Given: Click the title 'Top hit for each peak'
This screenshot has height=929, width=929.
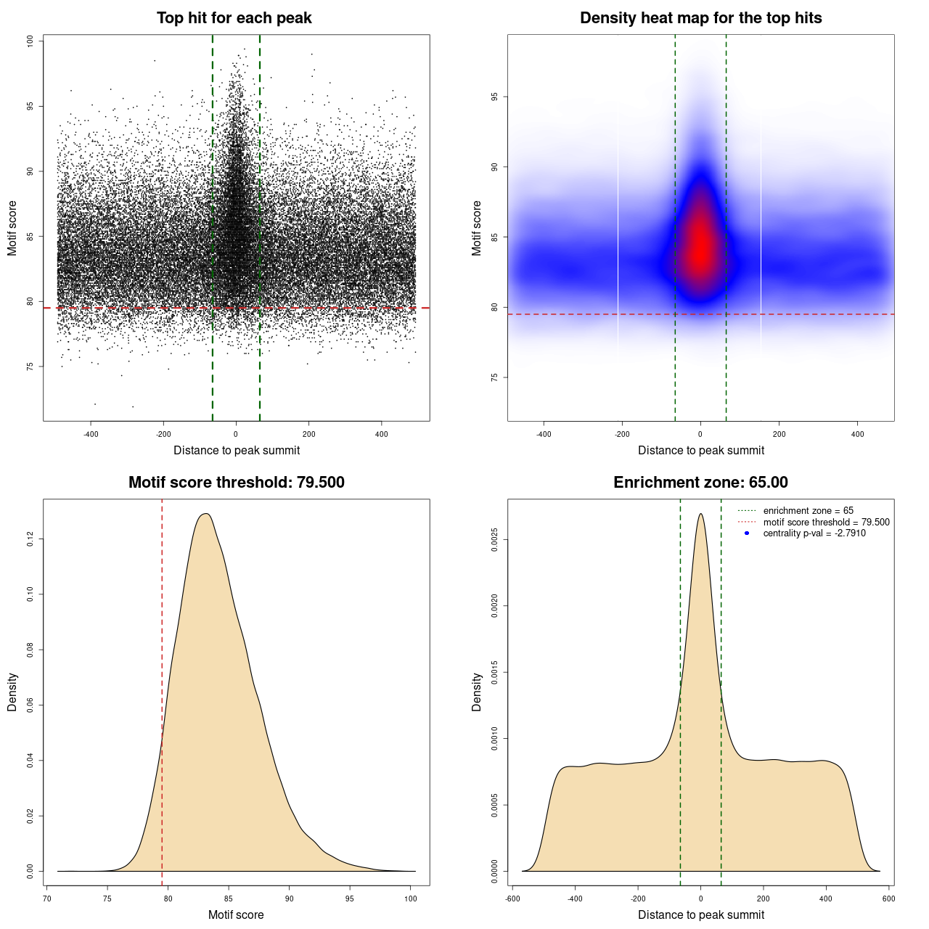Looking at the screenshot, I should coord(234,18).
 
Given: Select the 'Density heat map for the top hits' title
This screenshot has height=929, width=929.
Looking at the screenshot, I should coord(700,18).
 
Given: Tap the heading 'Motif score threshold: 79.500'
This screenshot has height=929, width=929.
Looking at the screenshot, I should coord(236,483).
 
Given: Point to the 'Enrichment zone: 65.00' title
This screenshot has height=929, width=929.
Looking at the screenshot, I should coord(700,483).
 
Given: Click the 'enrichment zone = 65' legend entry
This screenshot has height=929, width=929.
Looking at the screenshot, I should coord(808,511).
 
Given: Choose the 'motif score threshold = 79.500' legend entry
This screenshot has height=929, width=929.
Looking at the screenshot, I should coord(826,523).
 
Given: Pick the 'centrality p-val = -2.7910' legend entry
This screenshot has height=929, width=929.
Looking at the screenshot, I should coord(814,533).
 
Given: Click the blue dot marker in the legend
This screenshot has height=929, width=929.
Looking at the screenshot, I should coord(747,533).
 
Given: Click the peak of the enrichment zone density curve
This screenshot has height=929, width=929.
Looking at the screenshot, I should coord(700,515).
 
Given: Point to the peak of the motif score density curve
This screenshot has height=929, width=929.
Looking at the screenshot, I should coord(207,514).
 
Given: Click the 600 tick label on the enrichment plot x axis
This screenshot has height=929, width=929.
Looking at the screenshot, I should coord(888,899).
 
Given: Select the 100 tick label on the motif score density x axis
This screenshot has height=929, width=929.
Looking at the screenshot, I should coord(411,899).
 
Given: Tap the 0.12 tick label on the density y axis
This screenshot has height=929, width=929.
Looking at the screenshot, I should coord(30,539).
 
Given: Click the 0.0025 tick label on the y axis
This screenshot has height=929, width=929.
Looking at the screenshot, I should coord(494,540).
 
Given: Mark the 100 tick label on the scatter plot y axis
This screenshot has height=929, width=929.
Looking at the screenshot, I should coord(30,41).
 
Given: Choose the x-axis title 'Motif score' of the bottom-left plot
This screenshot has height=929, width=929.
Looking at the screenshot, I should coord(236,914).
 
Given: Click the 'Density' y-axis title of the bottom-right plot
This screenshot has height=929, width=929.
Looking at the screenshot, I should coord(477,692).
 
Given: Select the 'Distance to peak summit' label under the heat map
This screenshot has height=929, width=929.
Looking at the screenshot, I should coord(700,450).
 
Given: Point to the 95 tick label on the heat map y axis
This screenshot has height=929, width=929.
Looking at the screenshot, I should coord(494,97).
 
